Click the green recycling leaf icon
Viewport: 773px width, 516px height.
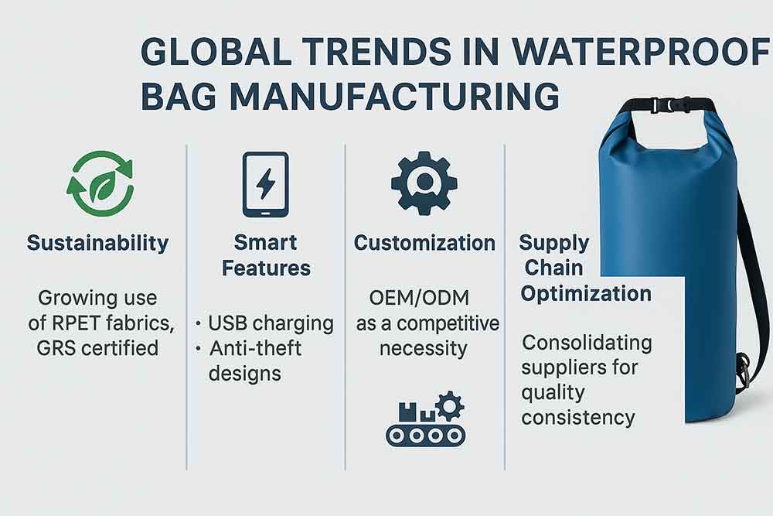coord(100,183)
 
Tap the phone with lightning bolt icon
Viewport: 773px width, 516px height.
coord(265,184)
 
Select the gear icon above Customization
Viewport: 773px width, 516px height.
coord(424,183)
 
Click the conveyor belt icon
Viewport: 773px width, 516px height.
coord(425,419)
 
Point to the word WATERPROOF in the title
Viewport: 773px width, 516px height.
coord(640,51)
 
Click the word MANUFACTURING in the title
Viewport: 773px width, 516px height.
coord(394,96)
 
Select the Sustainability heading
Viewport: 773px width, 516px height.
coord(97,243)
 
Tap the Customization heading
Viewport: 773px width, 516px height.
coord(424,243)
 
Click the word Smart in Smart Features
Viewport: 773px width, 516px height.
coord(265,242)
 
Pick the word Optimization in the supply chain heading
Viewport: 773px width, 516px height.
coord(586,294)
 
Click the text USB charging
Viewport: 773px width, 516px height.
coord(271,323)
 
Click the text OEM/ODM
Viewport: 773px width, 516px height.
coord(419,298)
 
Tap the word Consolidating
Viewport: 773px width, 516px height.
coord(587,343)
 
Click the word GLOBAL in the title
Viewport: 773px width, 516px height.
coord(216,51)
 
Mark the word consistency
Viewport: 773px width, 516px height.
coord(578,418)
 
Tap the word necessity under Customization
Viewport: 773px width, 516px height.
coord(424,349)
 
